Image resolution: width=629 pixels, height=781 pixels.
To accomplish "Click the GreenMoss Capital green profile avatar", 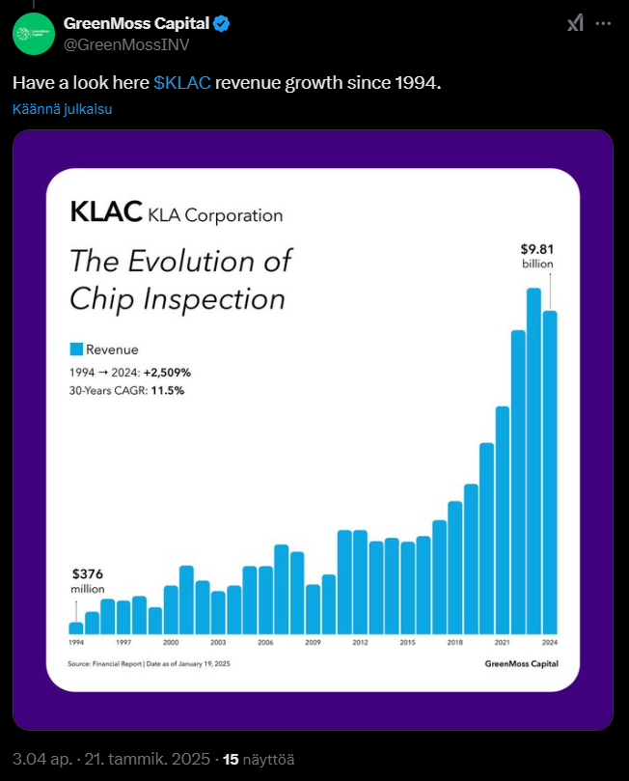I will click(x=33, y=33).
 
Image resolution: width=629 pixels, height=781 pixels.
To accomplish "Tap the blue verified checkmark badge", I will click(x=222, y=23).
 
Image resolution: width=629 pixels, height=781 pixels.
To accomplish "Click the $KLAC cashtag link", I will click(x=182, y=83).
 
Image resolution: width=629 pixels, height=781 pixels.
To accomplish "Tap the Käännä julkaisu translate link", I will click(x=63, y=109).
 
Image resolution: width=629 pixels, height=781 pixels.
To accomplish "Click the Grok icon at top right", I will click(x=575, y=23).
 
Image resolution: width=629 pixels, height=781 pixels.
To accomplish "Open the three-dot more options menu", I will click(x=606, y=23).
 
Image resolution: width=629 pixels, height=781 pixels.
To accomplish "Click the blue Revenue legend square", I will click(x=76, y=349).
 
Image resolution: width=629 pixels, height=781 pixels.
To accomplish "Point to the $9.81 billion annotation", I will click(x=537, y=256).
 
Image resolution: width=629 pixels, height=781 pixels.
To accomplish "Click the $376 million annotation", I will click(x=88, y=580).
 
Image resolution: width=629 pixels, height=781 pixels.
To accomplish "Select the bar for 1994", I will click(x=76, y=628).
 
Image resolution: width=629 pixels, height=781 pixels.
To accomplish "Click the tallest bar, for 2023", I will click(x=533, y=460).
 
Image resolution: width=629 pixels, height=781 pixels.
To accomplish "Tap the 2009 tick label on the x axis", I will click(x=313, y=642).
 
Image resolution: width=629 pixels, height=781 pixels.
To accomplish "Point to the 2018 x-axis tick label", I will click(x=455, y=642).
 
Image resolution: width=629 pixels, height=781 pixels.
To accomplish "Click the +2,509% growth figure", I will click(x=168, y=372).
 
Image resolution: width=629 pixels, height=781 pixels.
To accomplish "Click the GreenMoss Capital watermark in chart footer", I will click(x=521, y=663).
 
